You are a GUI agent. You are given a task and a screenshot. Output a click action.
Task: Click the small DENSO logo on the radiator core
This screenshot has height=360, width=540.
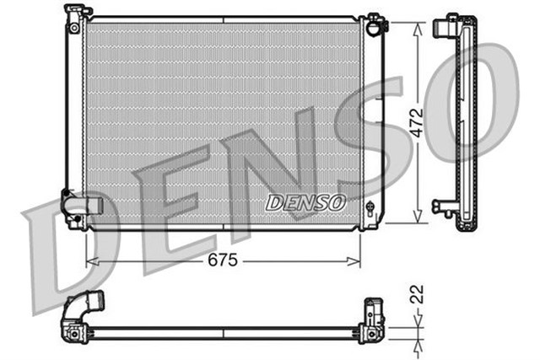pyautogui.click(x=305, y=202)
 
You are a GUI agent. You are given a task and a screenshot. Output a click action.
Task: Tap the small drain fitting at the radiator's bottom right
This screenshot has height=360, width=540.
pyautogui.click(x=370, y=207)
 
